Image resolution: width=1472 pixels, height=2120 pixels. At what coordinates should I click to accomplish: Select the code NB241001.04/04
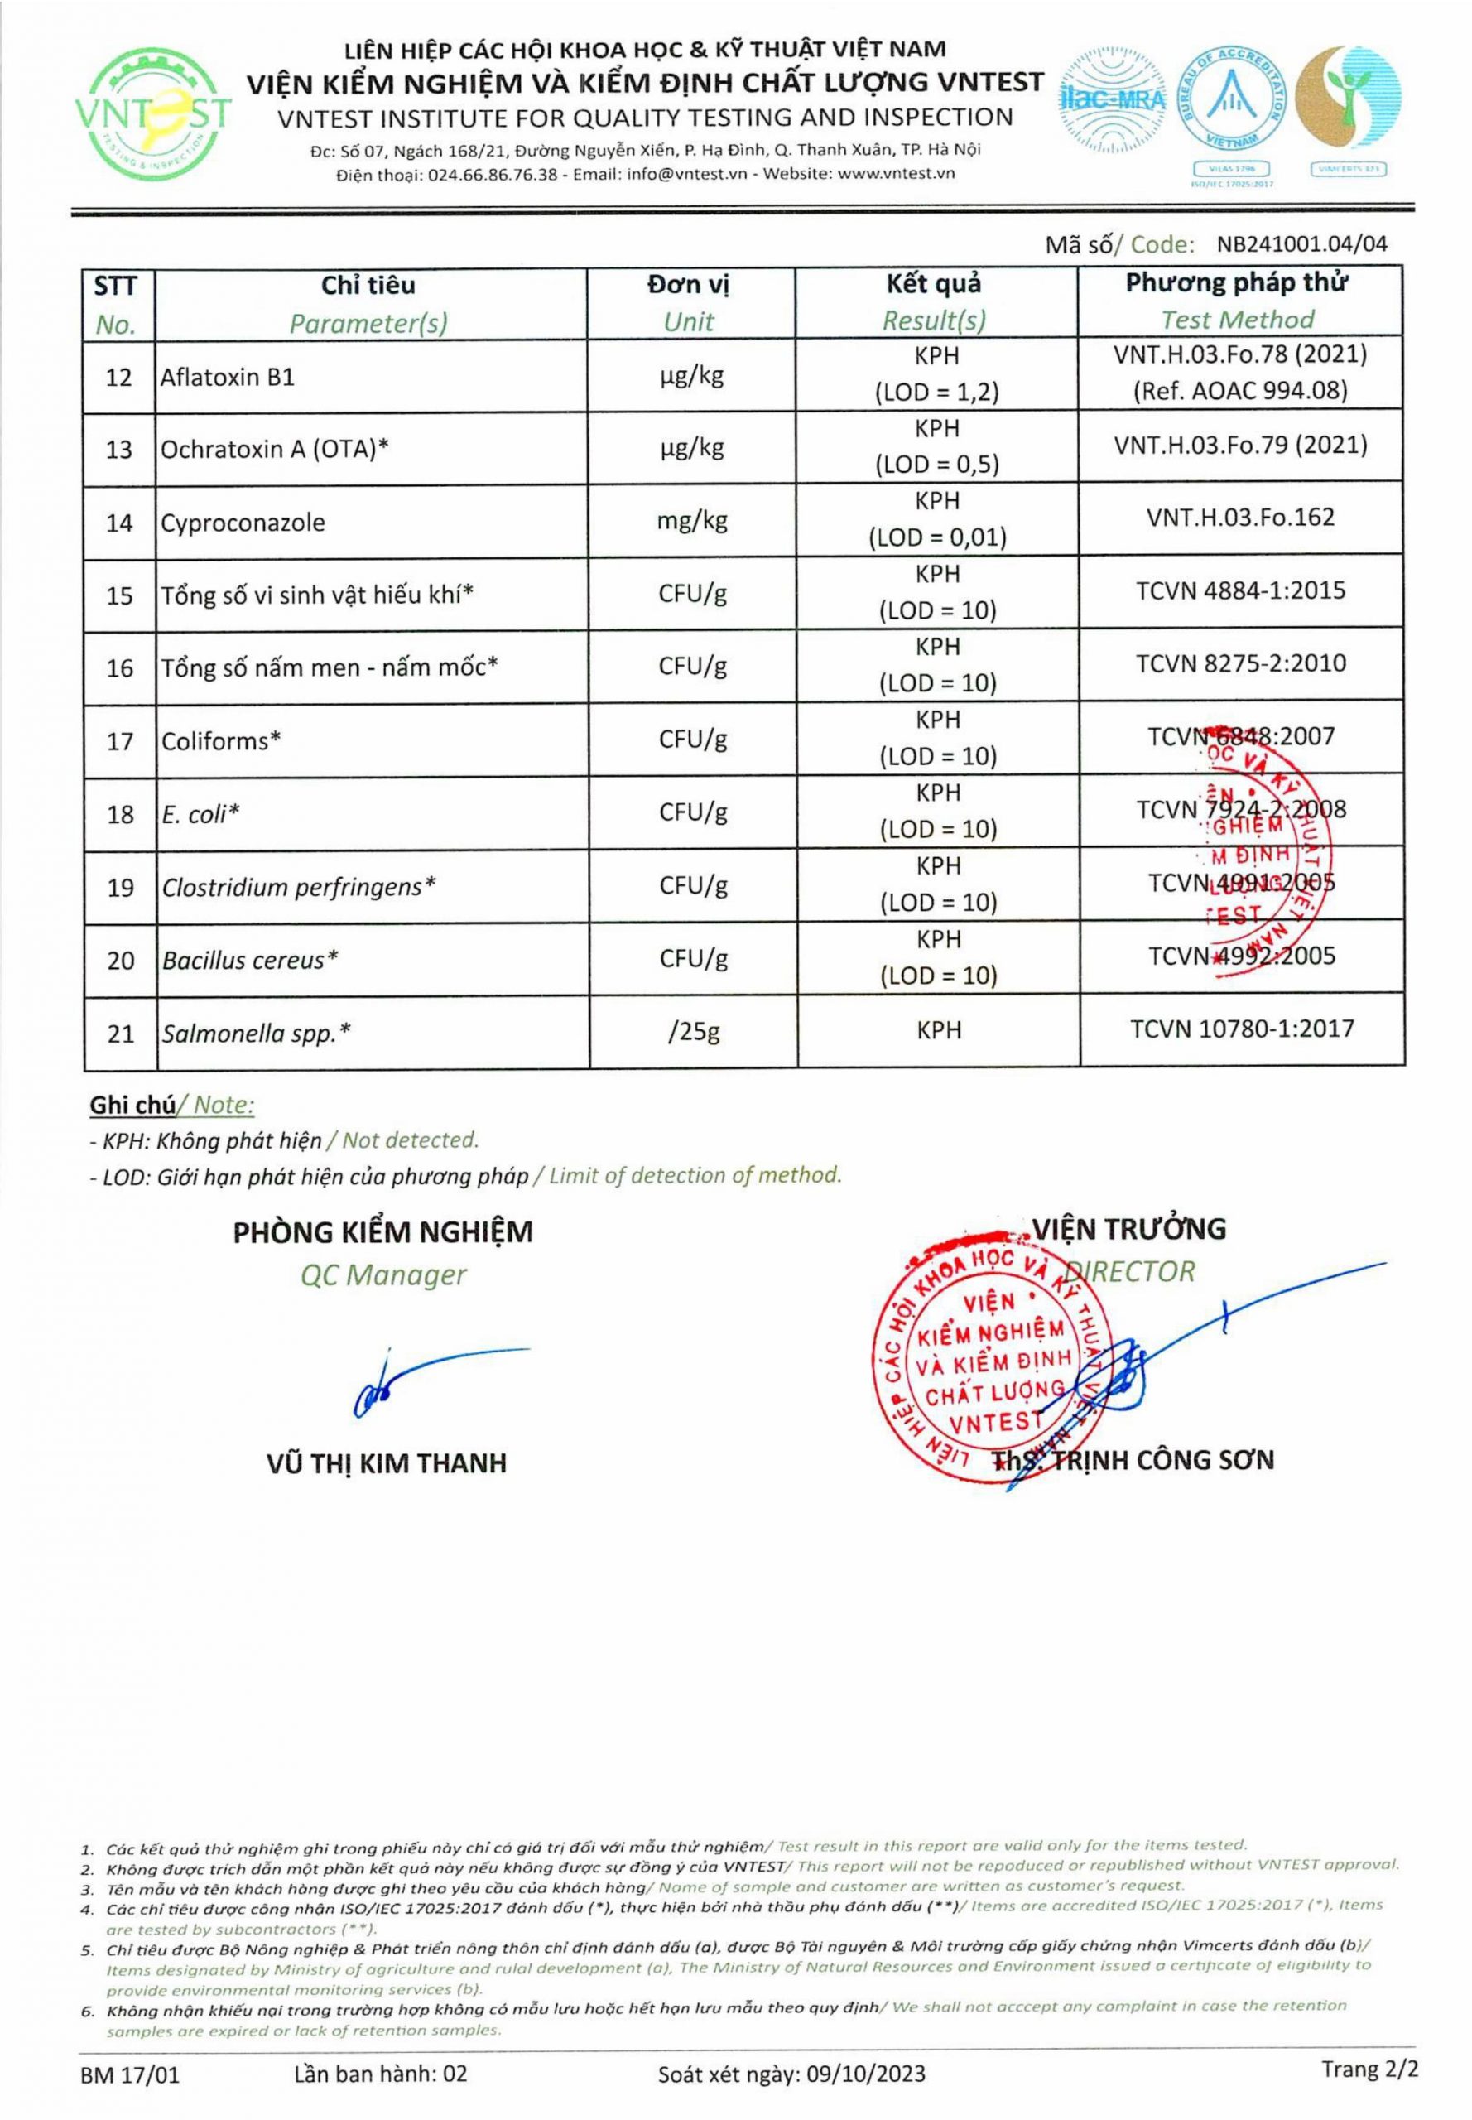pos(1301,244)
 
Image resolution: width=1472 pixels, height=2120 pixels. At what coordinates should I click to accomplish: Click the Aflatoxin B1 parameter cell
pos(228,378)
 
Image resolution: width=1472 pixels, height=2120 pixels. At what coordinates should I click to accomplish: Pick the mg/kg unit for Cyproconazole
pos(692,521)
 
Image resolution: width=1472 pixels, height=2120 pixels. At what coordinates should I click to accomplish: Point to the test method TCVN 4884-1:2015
pos(1240,590)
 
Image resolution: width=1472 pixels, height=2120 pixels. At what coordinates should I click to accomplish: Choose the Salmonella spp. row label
pos(257,1033)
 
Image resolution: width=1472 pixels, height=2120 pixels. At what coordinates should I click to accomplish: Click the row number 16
pos(120,668)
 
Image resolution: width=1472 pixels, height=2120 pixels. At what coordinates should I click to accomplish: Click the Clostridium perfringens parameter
pos(299,888)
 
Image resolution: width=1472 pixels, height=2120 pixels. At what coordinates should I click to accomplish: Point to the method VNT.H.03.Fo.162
pos(1240,517)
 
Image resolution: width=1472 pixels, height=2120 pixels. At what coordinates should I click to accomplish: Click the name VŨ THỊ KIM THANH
pos(387,1463)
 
